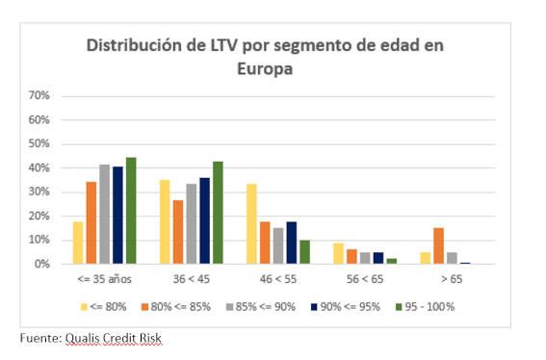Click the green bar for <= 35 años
pos(131,211)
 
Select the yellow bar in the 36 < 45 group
pos(165,221)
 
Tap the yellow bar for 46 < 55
pos(251,224)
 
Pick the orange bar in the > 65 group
pos(439,245)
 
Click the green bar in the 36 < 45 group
pos(218,213)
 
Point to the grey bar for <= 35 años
pos(104,214)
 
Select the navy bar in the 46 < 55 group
pos(292,243)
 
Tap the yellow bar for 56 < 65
pos(338,253)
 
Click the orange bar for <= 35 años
pos(91,222)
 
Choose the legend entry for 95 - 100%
pos(426,307)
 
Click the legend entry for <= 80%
pos(103,307)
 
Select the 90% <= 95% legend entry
pos(346,307)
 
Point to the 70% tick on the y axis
pos(39,95)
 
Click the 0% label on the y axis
pos(41,264)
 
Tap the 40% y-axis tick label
pos(39,167)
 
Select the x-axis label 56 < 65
pos(365,279)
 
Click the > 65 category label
pos(452,279)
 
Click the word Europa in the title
pos(265,68)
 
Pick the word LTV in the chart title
pos(223,45)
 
